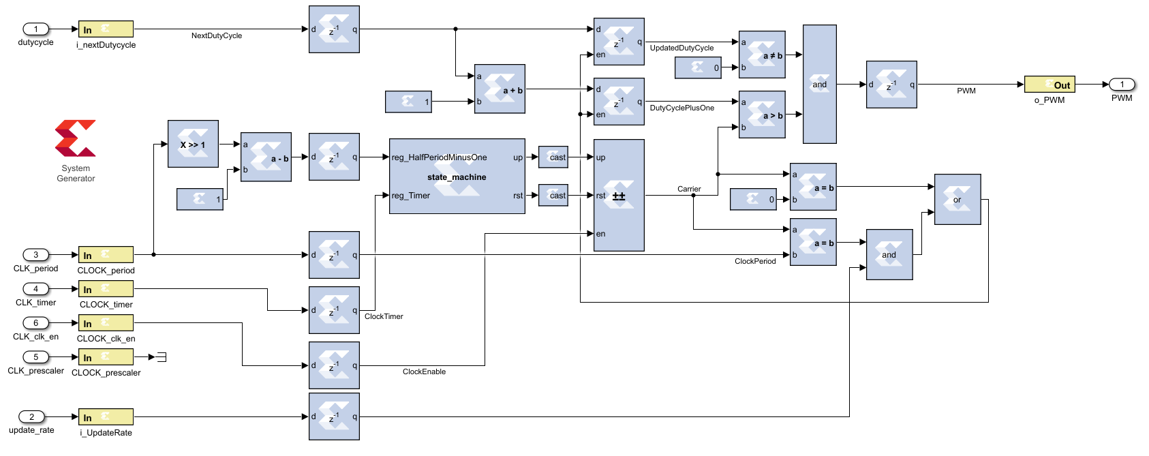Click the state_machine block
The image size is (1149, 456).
457,177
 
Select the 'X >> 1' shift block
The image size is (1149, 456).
193,144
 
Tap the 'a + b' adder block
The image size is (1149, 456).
500,89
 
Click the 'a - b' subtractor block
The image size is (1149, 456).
266,157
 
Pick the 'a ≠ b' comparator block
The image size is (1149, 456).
762,55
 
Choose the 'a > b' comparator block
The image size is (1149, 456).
762,115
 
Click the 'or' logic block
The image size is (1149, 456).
957,199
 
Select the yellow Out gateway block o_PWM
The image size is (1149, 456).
1050,85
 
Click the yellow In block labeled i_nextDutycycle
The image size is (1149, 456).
106,29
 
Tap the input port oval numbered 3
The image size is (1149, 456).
36,255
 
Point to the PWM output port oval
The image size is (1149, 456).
1122,85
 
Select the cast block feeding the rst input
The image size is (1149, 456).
553,196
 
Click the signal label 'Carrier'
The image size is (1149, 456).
689,189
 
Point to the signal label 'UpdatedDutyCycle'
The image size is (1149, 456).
681,48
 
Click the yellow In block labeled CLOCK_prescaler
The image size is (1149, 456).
106,357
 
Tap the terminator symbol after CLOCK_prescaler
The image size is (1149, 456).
161,357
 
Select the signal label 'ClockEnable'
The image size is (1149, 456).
424,371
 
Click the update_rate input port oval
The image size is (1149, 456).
31,416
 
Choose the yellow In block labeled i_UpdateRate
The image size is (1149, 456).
106,417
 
